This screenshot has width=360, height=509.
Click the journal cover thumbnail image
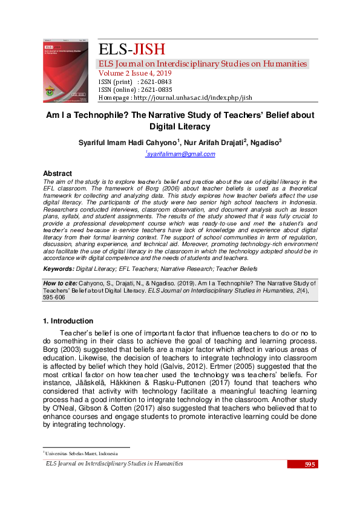[x=65, y=71]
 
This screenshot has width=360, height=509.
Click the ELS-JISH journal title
[x=131, y=50]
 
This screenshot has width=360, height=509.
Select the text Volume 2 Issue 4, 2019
[x=139, y=73]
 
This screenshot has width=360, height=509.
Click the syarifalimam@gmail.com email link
[x=180, y=155]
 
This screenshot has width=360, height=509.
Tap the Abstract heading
[x=57, y=173]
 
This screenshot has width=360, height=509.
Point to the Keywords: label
[x=59, y=268]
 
